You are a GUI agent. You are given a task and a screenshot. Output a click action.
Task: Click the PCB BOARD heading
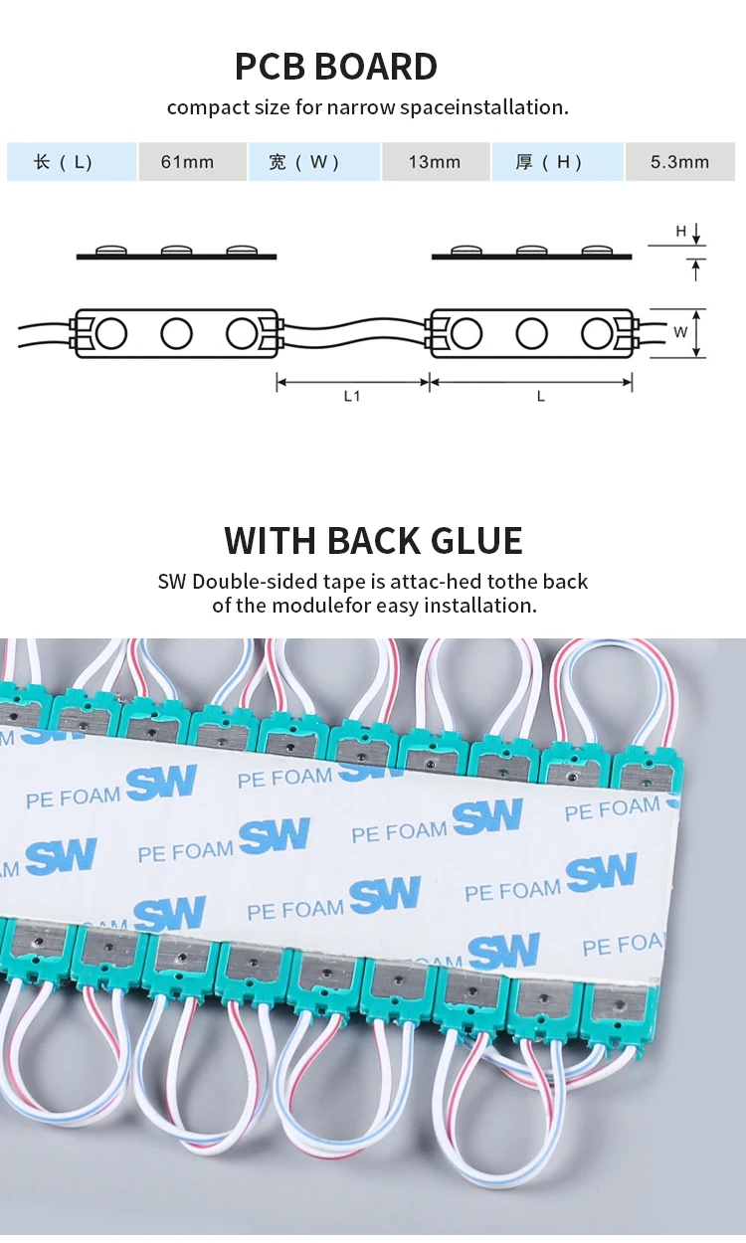336,67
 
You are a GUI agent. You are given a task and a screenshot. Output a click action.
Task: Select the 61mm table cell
188,161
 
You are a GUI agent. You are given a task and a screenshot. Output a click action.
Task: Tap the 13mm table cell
435,161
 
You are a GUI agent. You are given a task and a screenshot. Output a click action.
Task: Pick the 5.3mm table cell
680,161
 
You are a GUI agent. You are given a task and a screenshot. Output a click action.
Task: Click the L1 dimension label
352,396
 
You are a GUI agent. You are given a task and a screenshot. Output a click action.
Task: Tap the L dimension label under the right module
541,396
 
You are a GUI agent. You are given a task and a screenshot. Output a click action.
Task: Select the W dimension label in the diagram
680,332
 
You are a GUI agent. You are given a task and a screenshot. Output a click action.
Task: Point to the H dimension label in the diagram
681,232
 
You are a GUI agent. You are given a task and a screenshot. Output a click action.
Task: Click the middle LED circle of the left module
176,333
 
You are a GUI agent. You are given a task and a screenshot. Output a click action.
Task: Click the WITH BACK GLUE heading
373,540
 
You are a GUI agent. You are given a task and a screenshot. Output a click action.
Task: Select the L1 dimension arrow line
352,380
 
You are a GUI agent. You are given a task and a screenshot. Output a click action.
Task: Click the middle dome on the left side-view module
176,251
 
